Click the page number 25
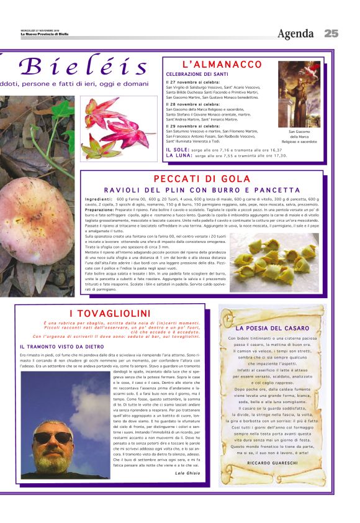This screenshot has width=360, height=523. pos(331,34)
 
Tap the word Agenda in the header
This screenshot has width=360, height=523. pos(295,34)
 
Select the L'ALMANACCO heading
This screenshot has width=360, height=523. pos(222,65)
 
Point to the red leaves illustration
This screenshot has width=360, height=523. pos(119,128)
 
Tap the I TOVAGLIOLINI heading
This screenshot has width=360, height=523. pos(110,313)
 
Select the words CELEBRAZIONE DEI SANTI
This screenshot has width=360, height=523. pos(194,74)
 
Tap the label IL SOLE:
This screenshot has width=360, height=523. pos(177,150)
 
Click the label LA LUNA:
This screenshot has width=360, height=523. pos(179,155)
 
